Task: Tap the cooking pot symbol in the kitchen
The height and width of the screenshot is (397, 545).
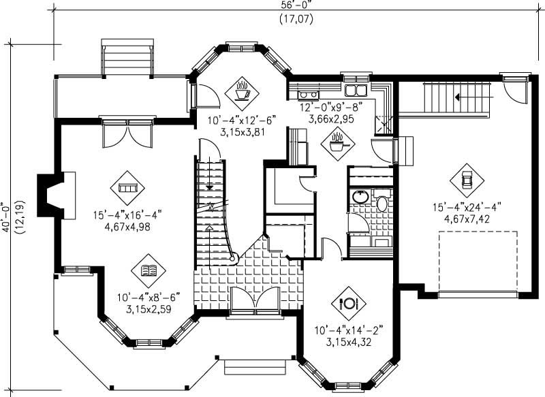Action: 337,143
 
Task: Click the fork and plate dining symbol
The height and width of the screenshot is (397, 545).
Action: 349,303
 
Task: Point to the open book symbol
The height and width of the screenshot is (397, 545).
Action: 148,272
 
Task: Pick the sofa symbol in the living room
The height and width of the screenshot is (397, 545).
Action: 127,186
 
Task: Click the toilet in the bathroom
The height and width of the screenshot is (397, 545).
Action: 381,202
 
